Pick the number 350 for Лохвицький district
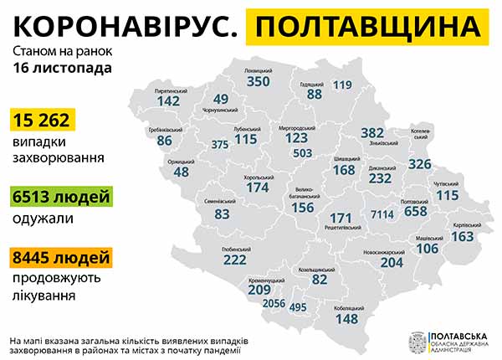click(258, 82)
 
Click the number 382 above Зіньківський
click(371, 132)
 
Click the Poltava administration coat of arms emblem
click(414, 342)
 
